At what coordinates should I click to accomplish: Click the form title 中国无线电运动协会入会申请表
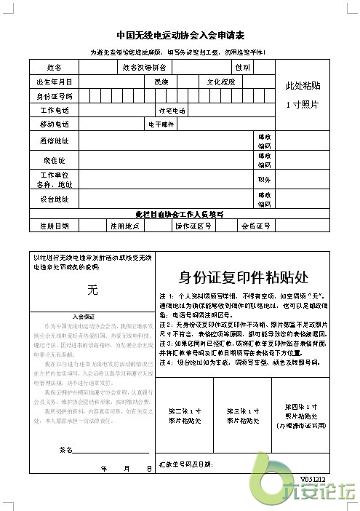click(180, 35)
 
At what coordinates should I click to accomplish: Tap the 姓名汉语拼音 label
click(144, 68)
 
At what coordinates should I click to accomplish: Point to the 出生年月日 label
click(54, 82)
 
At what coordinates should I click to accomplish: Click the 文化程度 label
click(222, 82)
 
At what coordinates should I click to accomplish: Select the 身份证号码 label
click(54, 96)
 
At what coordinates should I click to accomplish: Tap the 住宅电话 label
click(172, 111)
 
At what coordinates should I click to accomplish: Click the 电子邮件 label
click(161, 124)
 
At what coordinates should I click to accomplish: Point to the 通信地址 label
click(54, 140)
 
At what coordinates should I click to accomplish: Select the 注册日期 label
click(54, 226)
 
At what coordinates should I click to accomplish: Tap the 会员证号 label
click(255, 226)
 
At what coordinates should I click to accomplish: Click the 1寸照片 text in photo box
click(303, 104)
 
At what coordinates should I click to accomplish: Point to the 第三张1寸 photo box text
click(243, 416)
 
